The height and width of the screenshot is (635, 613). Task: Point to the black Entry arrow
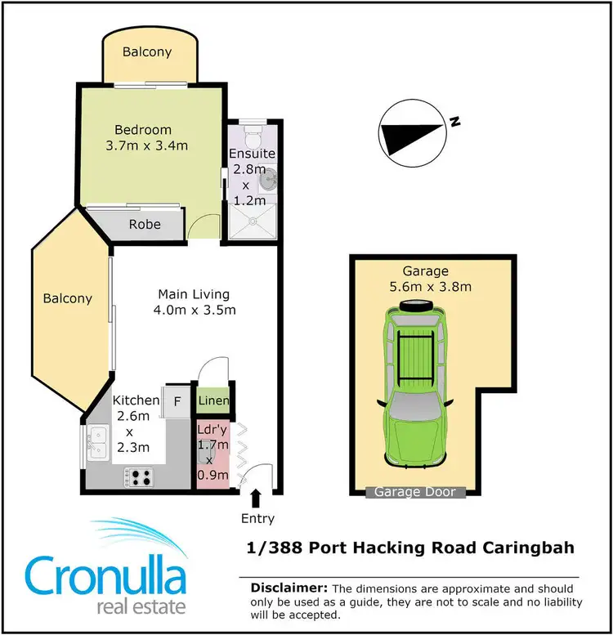click(257, 497)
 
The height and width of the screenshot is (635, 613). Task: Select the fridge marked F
click(177, 401)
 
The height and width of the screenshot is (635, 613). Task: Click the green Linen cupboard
click(214, 400)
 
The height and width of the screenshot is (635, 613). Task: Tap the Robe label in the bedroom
click(145, 225)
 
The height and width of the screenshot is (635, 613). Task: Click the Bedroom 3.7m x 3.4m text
click(143, 138)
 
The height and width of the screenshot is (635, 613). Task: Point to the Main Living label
click(194, 294)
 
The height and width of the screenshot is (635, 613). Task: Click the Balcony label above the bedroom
click(147, 52)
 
